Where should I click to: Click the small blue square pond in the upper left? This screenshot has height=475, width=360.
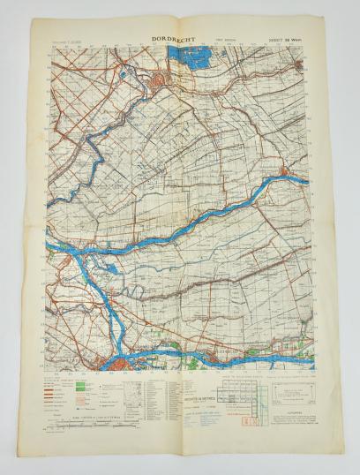[124, 74]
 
